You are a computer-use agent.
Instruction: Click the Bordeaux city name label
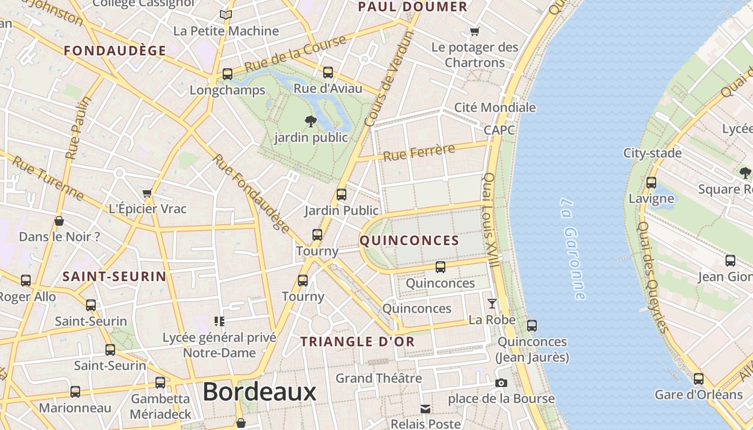[x=259, y=392]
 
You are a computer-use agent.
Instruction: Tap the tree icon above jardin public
[x=310, y=121]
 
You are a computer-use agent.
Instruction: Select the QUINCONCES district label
[x=409, y=241]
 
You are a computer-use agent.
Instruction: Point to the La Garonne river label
[x=572, y=249]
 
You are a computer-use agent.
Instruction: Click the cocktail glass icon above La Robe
[x=492, y=304]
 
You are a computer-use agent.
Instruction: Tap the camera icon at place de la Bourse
[x=501, y=383]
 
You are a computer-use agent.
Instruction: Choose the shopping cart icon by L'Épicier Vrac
[x=147, y=193]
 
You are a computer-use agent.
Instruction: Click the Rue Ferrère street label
[x=419, y=153]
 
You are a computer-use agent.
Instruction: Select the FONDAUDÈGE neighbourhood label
[x=115, y=51]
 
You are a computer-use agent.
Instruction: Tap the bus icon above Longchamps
[x=228, y=74]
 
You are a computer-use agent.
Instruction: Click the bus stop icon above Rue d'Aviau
[x=328, y=73]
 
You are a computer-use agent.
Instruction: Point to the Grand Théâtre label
[x=379, y=378]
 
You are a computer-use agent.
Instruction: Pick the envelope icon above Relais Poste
[x=425, y=409]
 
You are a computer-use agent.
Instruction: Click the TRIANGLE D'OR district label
[x=358, y=342]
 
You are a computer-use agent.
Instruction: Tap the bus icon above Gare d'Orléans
[x=698, y=379]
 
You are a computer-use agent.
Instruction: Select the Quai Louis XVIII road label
[x=491, y=220]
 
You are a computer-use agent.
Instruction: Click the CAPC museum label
[x=499, y=130]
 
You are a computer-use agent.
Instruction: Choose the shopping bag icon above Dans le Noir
[x=59, y=221]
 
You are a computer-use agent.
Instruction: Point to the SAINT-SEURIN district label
[x=115, y=277]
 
